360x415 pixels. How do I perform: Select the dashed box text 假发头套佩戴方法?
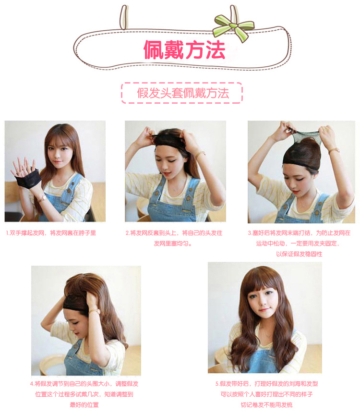182,93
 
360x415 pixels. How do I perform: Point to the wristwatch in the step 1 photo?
43,197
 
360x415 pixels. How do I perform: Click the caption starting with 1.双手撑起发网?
51,233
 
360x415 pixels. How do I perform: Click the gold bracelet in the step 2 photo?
199,155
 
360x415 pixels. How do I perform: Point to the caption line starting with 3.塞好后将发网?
299,233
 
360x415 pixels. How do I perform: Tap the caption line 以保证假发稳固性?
299,254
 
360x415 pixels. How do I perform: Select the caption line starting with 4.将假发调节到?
84,384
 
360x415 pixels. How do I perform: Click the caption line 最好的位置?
84,404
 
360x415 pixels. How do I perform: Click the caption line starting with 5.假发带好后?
266,384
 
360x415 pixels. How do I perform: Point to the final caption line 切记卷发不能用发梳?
266,404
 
